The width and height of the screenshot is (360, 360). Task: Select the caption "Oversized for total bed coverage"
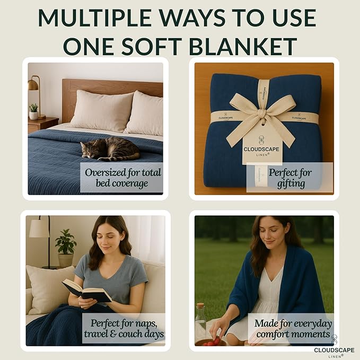coord(121,178)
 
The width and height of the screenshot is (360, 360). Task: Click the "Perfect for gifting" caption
coord(289,178)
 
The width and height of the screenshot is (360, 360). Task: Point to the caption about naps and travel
coord(124,328)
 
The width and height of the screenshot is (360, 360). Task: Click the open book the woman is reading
coord(86,291)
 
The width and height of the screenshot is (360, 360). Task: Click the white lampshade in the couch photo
coord(39,229)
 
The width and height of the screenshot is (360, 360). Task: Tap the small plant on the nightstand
coord(34,111)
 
